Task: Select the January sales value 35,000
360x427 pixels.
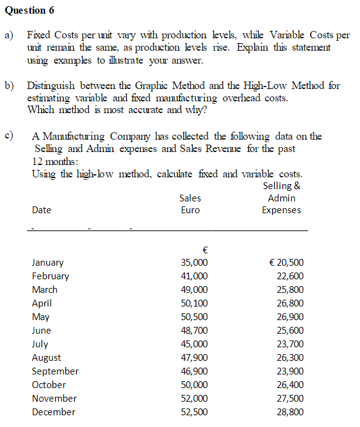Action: click(x=194, y=263)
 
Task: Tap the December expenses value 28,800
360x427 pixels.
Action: click(x=290, y=412)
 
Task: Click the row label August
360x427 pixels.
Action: click(x=46, y=358)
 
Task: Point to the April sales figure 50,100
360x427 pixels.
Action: click(x=194, y=303)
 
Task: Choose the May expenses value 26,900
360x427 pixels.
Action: click(x=290, y=317)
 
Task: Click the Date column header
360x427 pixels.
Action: click(x=41, y=210)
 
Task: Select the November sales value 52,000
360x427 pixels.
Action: click(x=194, y=399)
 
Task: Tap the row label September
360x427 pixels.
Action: click(x=55, y=371)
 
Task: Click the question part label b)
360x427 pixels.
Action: click(x=10, y=85)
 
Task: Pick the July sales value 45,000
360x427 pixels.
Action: click(x=194, y=344)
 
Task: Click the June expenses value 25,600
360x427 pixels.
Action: click(x=290, y=331)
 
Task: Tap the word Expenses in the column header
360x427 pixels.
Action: click(x=282, y=210)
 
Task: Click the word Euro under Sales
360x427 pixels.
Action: click(x=190, y=210)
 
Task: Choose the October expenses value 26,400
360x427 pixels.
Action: click(x=290, y=385)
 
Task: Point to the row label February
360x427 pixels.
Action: click(x=50, y=276)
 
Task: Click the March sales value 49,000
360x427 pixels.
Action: click(x=194, y=290)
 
